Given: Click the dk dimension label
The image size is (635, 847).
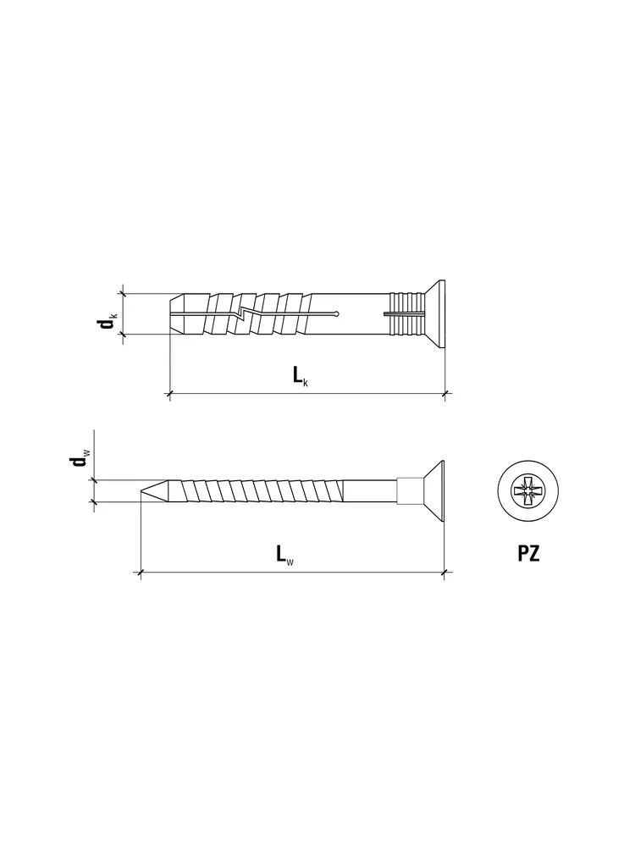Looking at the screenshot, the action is [x=107, y=322].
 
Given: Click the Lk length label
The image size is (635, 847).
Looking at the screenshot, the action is [x=301, y=376].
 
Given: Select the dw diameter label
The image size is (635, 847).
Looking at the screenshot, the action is [x=80, y=460].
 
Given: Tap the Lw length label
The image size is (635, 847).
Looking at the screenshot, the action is [x=285, y=554].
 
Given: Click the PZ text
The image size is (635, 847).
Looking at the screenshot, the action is [x=528, y=553].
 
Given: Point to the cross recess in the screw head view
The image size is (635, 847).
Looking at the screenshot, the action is [x=527, y=491].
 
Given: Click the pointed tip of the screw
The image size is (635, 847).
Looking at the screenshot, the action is [x=141, y=491].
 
